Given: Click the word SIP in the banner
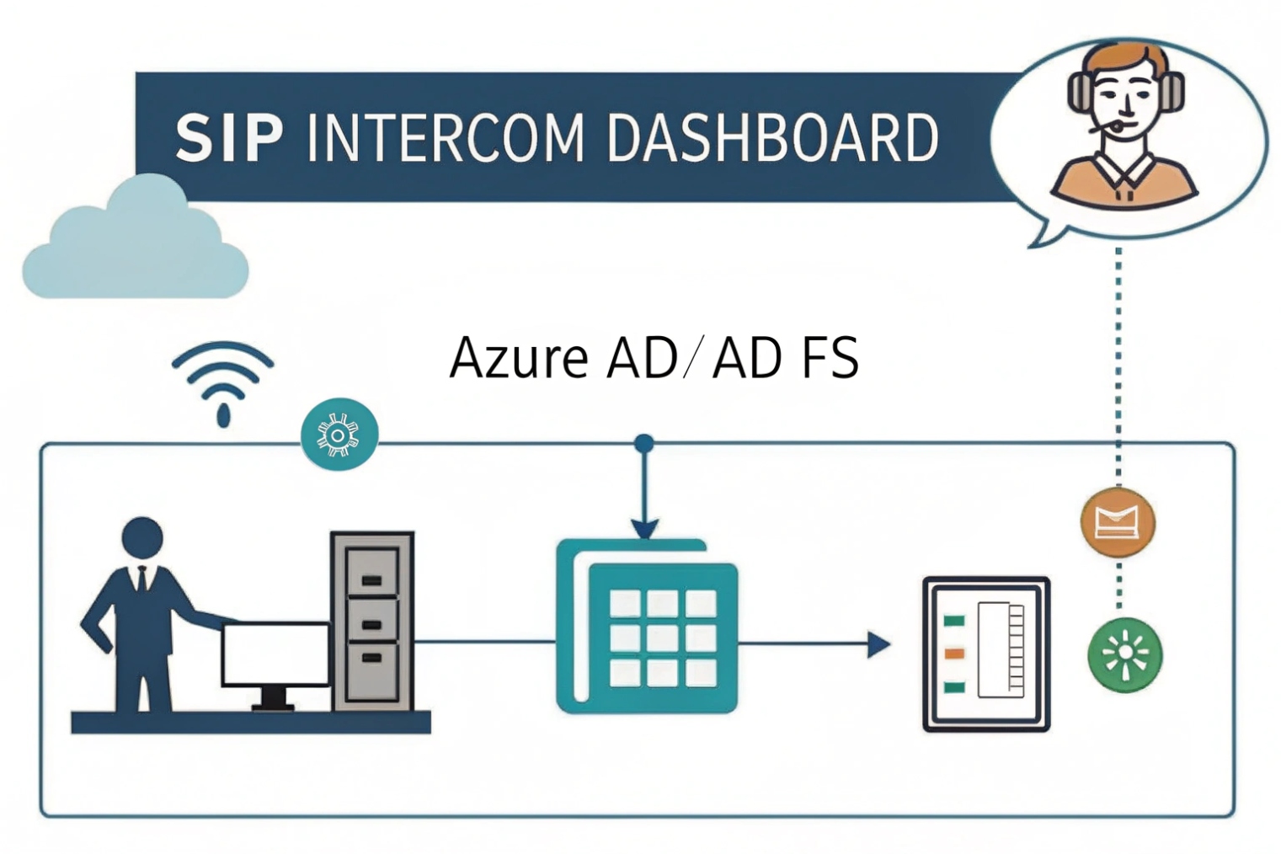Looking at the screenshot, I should (x=228, y=138).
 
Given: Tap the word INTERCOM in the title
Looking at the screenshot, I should (x=446, y=138).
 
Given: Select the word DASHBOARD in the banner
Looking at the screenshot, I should (x=771, y=138).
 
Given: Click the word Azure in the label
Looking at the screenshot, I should (x=518, y=358).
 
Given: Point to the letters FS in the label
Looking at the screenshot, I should (x=830, y=358).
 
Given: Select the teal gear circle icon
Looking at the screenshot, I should (x=339, y=435).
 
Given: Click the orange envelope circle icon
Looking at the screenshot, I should (x=1118, y=522).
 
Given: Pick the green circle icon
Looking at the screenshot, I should (x=1124, y=655).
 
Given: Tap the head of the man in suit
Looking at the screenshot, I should (x=142, y=537).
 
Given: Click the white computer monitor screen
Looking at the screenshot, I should (x=275, y=654).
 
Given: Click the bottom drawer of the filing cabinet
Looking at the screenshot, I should (x=371, y=670).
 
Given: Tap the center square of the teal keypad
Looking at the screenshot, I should (x=662, y=638).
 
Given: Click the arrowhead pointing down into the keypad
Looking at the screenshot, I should (x=644, y=529).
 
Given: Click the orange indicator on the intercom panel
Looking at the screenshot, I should (x=953, y=654).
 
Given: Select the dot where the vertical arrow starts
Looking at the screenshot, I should (x=644, y=443).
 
